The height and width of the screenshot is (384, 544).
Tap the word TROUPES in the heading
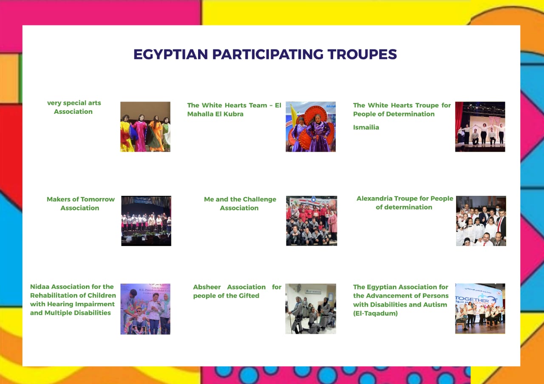(x=362, y=54)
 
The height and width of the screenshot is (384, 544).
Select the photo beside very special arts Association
(x=145, y=127)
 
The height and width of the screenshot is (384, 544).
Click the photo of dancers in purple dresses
(x=311, y=127)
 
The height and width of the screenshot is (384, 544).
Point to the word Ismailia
(x=366, y=127)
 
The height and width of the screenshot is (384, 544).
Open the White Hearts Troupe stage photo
(x=480, y=127)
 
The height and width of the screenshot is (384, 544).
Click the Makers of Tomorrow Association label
(x=80, y=203)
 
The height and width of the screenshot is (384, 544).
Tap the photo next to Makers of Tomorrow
(x=146, y=221)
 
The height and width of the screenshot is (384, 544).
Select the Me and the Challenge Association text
(x=240, y=203)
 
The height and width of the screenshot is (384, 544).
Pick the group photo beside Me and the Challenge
(x=312, y=221)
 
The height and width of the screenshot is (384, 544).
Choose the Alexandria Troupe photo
(x=481, y=221)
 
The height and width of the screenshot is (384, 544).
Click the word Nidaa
(x=40, y=287)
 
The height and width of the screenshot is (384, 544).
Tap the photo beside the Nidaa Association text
(x=145, y=309)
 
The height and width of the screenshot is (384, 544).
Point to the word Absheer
(x=207, y=287)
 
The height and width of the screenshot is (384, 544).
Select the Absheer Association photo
(x=311, y=309)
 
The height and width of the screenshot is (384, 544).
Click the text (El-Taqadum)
(x=375, y=313)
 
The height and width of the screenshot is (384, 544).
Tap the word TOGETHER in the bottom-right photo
(x=472, y=299)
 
